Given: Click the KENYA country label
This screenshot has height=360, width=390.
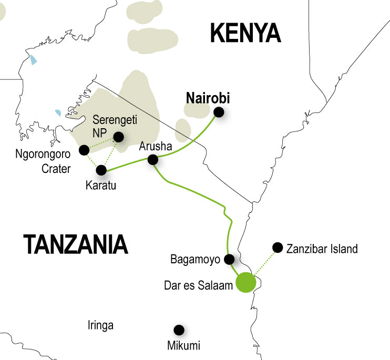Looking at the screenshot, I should click(245, 34).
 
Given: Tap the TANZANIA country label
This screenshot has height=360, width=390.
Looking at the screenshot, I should click(76, 244).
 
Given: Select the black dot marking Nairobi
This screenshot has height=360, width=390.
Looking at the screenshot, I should click(219, 112).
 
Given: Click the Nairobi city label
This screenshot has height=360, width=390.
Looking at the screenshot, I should click(208, 98).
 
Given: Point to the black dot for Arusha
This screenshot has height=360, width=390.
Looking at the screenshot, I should click(153, 159).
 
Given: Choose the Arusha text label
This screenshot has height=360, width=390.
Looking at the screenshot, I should click(155, 147).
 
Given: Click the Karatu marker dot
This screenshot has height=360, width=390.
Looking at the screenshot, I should click(101, 170).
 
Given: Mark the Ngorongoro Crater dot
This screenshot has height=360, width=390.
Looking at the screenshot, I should click(83, 150).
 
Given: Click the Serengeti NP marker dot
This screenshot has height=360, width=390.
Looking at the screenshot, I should click(119, 137).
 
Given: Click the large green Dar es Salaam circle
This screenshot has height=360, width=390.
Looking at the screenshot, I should click(245, 282).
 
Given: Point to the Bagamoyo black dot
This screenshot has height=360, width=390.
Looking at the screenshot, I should click(229, 259).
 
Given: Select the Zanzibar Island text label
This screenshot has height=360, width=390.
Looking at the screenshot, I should click(322, 249).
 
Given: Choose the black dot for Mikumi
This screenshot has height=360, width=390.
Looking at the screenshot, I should click(179, 330).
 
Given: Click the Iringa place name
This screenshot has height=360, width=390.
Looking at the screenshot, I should click(100, 326).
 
